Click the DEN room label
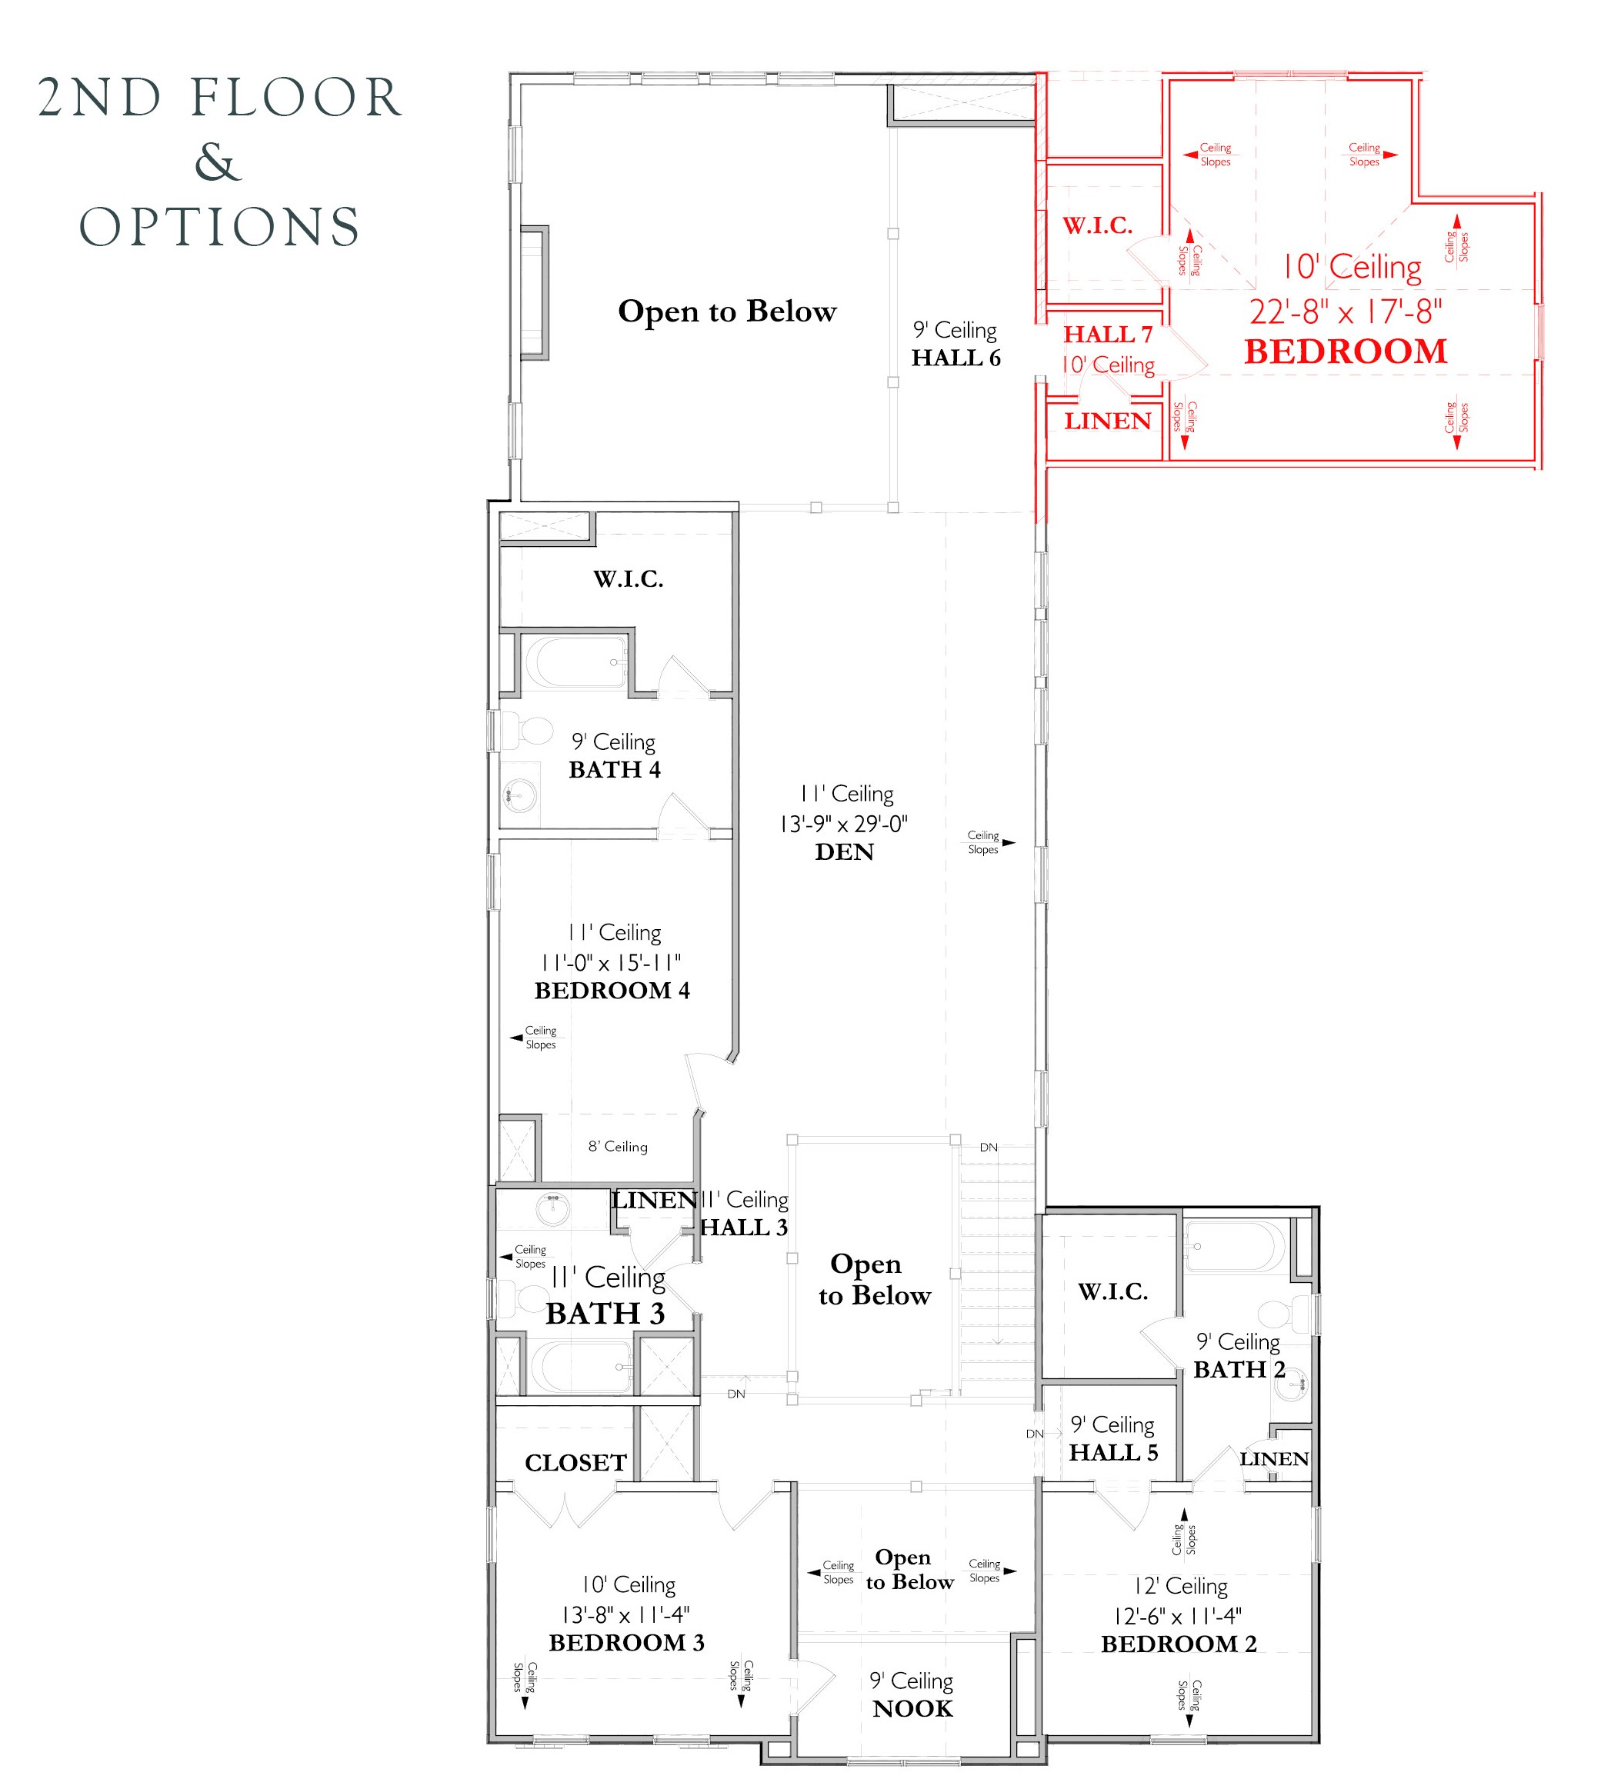[845, 852]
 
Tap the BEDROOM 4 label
[612, 991]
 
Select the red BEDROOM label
[1346, 352]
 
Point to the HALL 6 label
[956, 358]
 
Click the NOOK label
[912, 1709]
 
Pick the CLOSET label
[575, 1463]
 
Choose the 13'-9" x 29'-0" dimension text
[843, 824]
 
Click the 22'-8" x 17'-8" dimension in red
[1346, 311]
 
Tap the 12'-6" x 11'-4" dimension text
[1177, 1617]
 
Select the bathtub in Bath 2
[1234, 1247]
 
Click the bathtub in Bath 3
[581, 1367]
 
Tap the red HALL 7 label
[1107, 335]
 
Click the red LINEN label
[1107, 421]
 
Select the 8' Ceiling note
[618, 1147]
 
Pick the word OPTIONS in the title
[219, 228]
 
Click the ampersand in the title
[218, 162]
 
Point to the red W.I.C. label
[1098, 225]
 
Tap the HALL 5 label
[1112, 1453]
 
